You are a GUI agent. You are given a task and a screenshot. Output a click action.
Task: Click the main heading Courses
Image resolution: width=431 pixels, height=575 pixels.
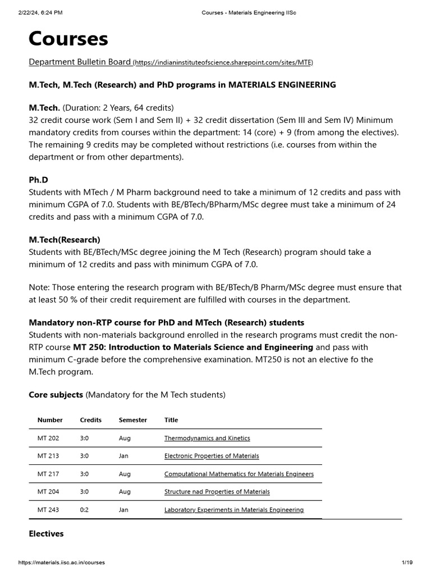68,39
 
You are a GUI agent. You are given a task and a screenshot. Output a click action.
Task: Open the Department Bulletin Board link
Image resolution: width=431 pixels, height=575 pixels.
80,62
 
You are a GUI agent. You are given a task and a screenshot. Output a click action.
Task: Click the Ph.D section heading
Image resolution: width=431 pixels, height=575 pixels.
38,180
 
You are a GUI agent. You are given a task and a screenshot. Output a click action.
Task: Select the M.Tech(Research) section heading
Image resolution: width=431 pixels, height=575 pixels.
65,240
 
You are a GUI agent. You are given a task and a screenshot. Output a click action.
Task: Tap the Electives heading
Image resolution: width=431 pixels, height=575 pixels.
46,533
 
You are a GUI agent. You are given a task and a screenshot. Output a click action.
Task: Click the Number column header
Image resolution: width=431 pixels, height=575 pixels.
50,420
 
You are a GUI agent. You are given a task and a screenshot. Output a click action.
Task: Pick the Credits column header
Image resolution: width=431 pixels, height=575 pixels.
91,420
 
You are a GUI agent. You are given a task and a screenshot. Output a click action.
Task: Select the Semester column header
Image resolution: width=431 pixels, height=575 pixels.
133,420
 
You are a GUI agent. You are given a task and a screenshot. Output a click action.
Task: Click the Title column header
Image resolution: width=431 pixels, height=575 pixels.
171,420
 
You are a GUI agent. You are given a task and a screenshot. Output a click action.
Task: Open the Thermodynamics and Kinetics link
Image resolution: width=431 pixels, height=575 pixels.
207,438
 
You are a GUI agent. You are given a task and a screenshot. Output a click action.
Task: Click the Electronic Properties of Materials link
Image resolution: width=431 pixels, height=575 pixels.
212,456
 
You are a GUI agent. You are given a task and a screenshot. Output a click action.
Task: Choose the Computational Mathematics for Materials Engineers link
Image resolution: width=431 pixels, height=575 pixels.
239,474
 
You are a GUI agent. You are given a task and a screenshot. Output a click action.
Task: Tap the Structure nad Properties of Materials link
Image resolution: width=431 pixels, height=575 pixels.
217,492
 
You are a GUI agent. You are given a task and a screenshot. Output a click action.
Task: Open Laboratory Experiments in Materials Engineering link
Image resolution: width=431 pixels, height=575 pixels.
233,510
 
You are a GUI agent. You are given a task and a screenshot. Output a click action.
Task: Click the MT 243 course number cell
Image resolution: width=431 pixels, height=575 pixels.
48,510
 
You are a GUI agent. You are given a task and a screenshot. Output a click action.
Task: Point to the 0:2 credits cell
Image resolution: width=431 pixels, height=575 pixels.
85,510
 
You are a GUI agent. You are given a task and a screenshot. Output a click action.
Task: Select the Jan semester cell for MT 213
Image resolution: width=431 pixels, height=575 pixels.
123,456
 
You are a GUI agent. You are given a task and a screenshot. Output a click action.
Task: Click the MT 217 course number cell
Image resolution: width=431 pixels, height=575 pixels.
48,474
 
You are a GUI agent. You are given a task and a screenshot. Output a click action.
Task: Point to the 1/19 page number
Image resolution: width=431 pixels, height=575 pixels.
407,562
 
